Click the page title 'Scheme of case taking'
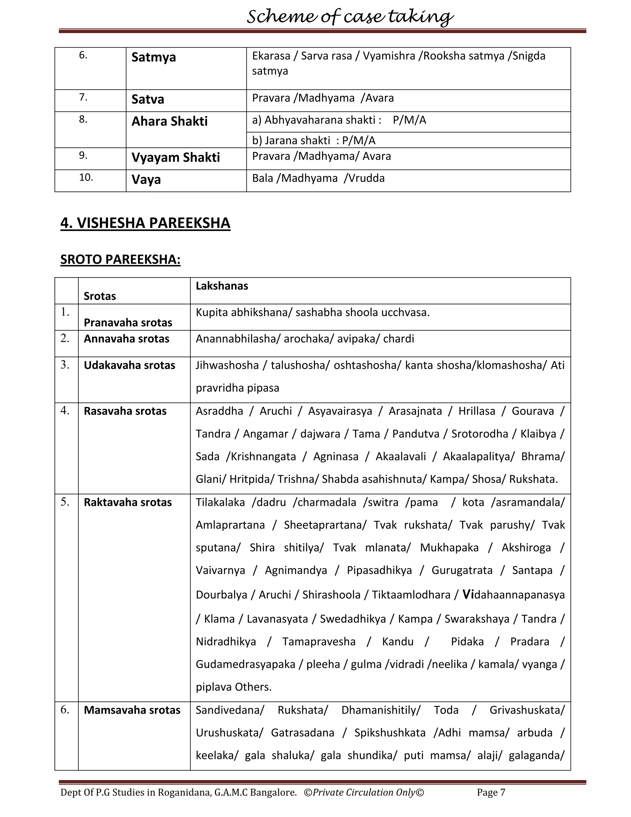tap(350, 17)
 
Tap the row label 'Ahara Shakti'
tap(169, 121)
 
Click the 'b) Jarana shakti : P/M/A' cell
tap(313, 140)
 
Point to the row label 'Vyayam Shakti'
tap(175, 157)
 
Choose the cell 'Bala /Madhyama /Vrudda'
tap(318, 178)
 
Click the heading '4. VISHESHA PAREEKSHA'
tap(145, 223)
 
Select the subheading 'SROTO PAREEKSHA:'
tap(120, 259)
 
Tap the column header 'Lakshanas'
tap(222, 286)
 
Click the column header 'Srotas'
tap(100, 296)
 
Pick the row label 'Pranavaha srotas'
tap(128, 322)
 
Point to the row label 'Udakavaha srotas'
tap(129, 365)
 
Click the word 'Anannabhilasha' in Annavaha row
tap(238, 339)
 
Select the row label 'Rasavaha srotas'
tap(125, 411)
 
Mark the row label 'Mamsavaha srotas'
tap(132, 710)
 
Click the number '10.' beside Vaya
tap(86, 177)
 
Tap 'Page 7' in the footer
tap(491, 792)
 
